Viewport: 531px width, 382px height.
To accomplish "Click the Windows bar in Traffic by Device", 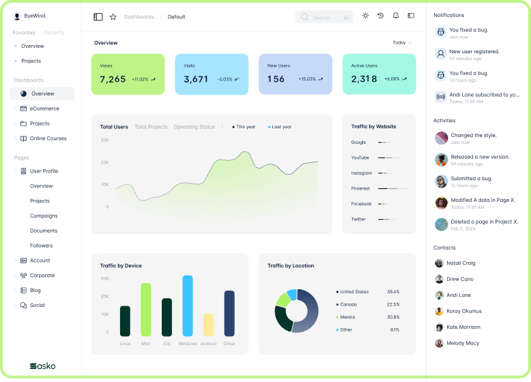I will pyautogui.click(x=188, y=306).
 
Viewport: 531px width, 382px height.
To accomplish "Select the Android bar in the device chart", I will pyautogui.click(x=209, y=325).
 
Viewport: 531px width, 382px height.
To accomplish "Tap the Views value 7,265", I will pyautogui.click(x=113, y=79).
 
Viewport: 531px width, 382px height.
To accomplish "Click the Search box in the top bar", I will pyautogui.click(x=324, y=17).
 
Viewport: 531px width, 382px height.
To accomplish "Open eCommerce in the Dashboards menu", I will pyautogui.click(x=44, y=108).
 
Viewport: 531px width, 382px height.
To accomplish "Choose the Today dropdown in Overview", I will pyautogui.click(x=402, y=43).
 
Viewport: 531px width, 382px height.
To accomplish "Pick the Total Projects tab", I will pyautogui.click(x=151, y=127).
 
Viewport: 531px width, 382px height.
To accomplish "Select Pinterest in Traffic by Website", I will pyautogui.click(x=360, y=188).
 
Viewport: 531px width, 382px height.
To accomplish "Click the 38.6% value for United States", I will pyautogui.click(x=393, y=292).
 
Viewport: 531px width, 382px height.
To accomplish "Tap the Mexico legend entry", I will pyautogui.click(x=347, y=317).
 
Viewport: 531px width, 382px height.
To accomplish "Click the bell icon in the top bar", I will pyautogui.click(x=395, y=16).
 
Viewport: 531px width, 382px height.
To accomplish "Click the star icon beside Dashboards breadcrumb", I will pyautogui.click(x=113, y=17).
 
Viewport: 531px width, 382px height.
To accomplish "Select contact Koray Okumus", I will pyautogui.click(x=463, y=311).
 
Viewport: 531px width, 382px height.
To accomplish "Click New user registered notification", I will pyautogui.click(x=474, y=52).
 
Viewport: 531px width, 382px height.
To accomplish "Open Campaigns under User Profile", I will pyautogui.click(x=44, y=216).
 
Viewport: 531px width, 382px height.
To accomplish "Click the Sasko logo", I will pyautogui.click(x=42, y=366).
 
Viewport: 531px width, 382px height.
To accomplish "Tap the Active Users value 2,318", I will pyautogui.click(x=364, y=79).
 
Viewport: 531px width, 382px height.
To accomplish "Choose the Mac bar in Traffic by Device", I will pyautogui.click(x=145, y=310).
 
